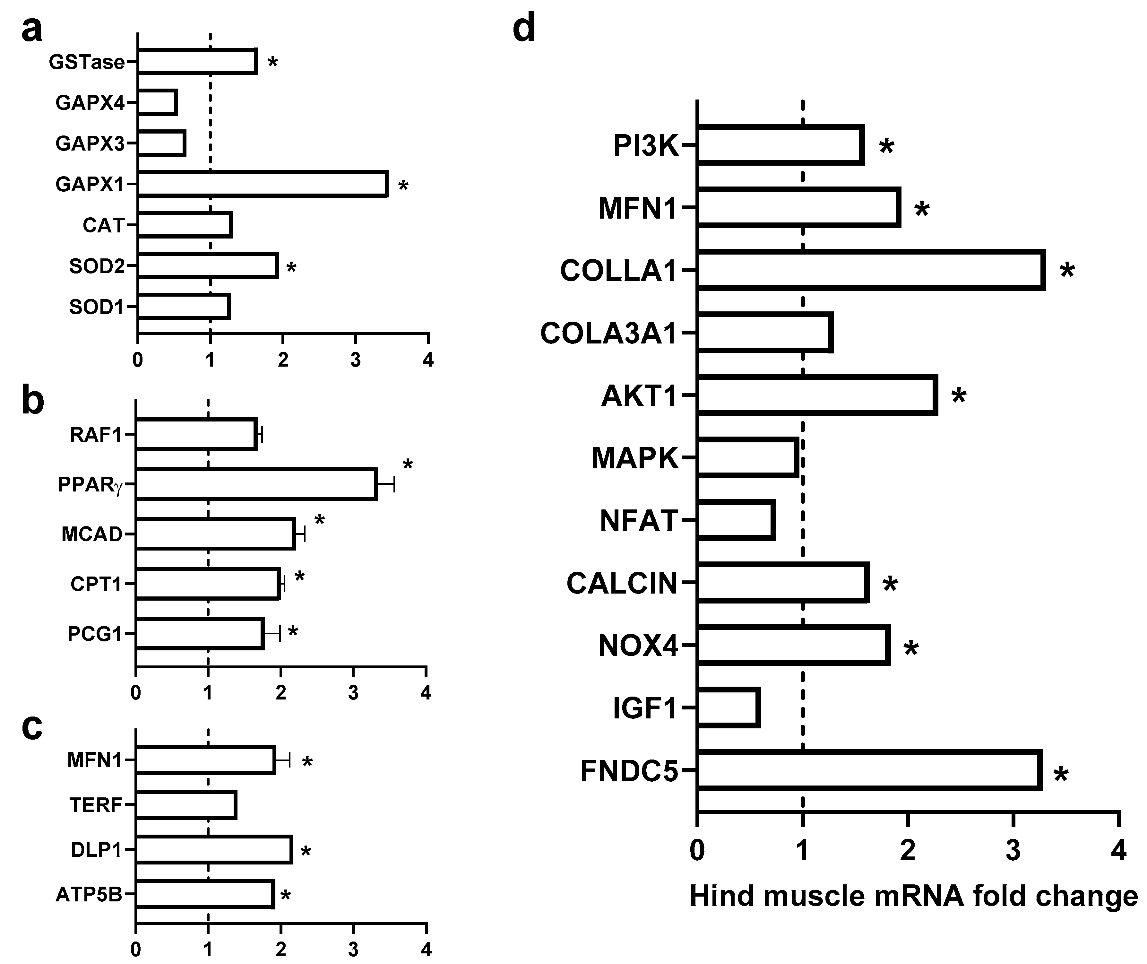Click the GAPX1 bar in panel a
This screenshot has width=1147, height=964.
point(262,184)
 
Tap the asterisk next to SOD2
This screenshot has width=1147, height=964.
point(292,268)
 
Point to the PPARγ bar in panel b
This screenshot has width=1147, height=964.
point(255,484)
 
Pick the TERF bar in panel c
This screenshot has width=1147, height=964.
point(186,805)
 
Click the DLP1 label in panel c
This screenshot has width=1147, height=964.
point(96,850)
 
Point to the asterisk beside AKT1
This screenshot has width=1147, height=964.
point(959,396)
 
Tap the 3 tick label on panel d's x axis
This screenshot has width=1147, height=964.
point(1013,851)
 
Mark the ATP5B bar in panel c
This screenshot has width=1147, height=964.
point(205,895)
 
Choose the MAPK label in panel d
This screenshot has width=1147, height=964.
point(635,458)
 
